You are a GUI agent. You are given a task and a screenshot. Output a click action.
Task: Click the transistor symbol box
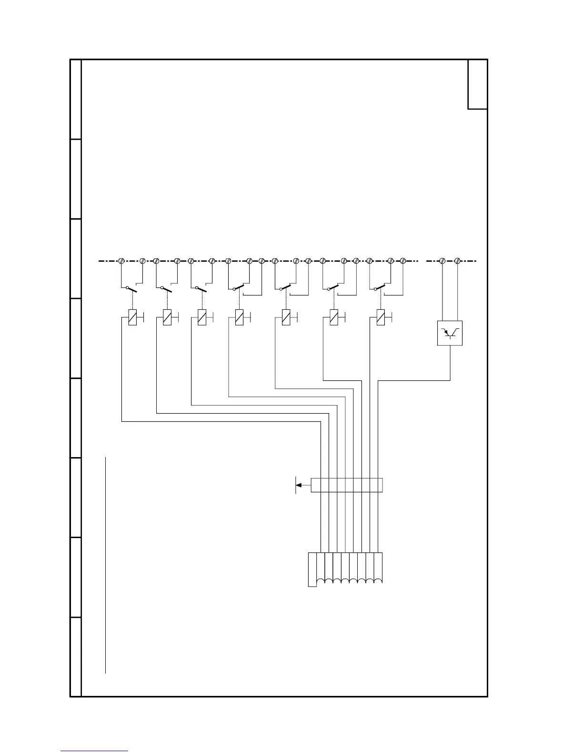[x=450, y=333]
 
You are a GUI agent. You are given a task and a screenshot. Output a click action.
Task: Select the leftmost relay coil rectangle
[x=132, y=317]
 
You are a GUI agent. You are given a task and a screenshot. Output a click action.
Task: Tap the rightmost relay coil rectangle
[x=381, y=317]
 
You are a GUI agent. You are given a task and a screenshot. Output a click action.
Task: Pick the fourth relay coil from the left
[x=240, y=317]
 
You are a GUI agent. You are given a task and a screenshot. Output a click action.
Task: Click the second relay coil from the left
[x=167, y=317]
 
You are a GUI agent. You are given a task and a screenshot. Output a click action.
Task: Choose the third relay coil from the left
[x=202, y=317]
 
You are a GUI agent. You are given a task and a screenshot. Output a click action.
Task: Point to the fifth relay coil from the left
[x=286, y=317]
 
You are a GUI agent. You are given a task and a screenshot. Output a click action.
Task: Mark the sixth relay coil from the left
[x=334, y=317]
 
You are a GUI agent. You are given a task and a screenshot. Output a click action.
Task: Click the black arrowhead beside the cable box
[x=299, y=485]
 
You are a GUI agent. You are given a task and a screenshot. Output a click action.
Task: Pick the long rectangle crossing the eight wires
[x=346, y=485]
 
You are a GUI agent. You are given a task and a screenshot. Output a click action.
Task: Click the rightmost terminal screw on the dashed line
[x=458, y=261]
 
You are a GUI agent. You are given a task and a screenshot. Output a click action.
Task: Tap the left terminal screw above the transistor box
[x=442, y=261]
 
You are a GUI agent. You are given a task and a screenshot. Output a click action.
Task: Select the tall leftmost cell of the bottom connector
[x=312, y=569]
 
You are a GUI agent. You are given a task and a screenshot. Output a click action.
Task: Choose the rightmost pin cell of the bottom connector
[x=378, y=567]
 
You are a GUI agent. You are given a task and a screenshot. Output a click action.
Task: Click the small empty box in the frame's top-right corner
[x=477, y=84]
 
